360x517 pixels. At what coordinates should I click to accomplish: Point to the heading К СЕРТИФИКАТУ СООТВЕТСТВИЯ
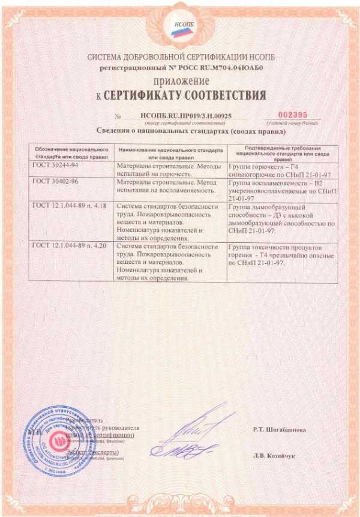click(181, 95)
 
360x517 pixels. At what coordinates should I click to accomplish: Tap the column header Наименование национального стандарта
click(172, 151)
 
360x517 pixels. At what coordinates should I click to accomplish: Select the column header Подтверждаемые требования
click(281, 151)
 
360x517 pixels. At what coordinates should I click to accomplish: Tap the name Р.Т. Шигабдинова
click(280, 429)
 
